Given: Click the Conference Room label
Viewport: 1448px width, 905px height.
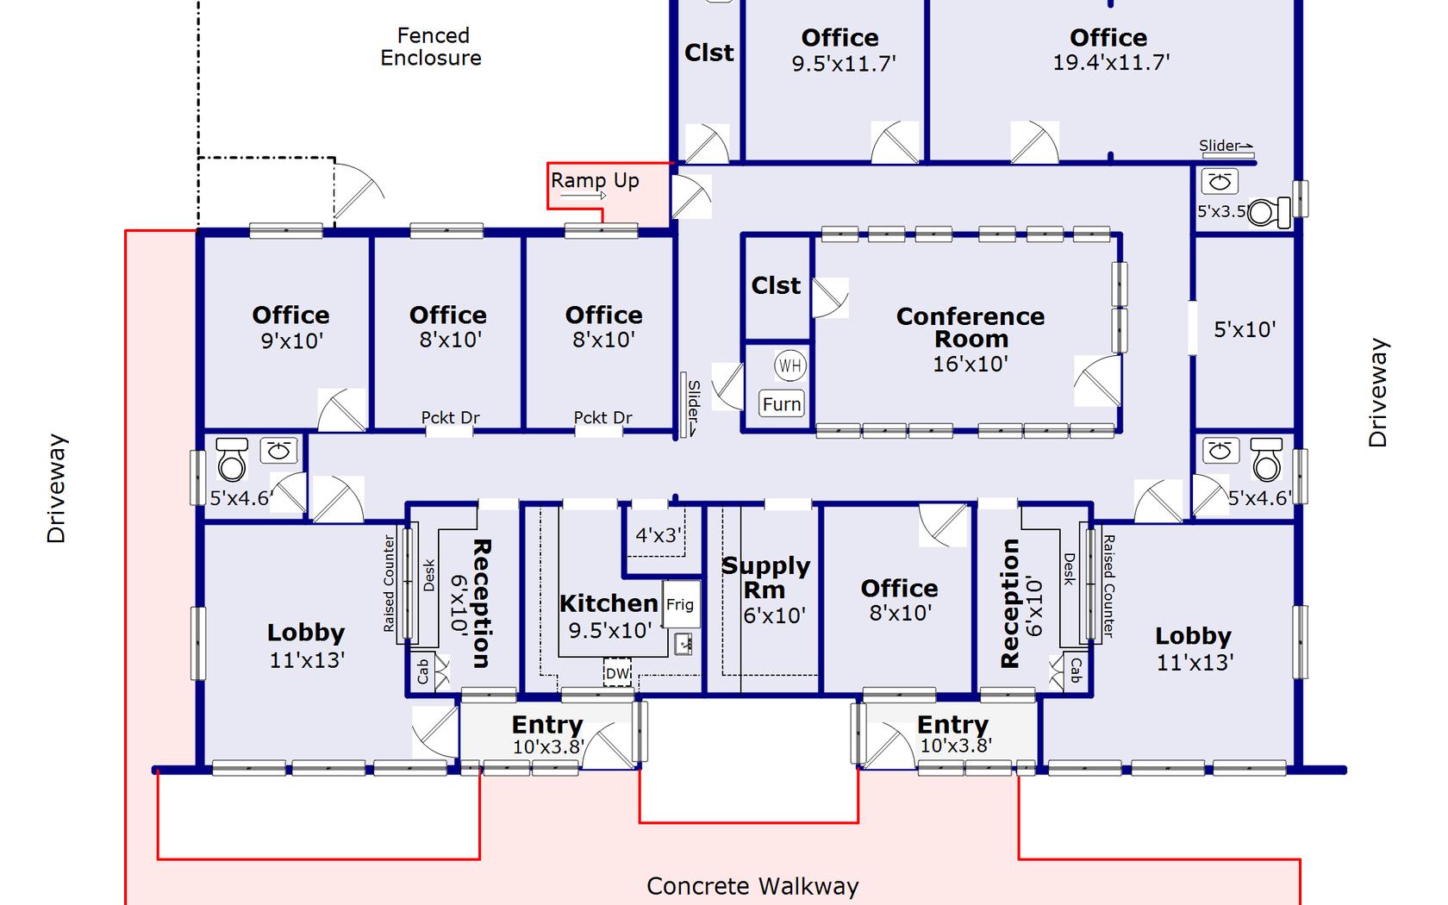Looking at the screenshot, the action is [x=971, y=328].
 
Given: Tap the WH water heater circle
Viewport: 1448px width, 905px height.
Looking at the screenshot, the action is [x=790, y=365].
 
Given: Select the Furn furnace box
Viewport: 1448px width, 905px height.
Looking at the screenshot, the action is [x=782, y=403].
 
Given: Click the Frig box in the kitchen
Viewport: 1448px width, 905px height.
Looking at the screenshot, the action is [x=679, y=604].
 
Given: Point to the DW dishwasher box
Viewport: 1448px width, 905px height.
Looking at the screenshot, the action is [x=617, y=673].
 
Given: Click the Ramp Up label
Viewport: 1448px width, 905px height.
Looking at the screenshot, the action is [x=595, y=180].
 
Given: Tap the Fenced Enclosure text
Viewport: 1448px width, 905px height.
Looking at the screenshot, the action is [x=432, y=47].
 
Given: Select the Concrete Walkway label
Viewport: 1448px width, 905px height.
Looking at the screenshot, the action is [x=752, y=886].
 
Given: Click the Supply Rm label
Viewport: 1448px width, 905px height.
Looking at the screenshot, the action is [x=765, y=577].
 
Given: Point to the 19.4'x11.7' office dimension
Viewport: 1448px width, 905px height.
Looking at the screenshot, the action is [x=1111, y=62].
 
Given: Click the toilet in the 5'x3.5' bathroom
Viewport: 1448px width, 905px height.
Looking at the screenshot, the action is [x=1268, y=211].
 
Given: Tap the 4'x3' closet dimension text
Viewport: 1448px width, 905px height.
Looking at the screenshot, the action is [x=658, y=535].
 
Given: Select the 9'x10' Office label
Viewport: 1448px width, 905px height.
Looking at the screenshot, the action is [x=291, y=315].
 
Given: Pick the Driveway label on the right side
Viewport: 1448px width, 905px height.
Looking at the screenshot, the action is [x=1378, y=392].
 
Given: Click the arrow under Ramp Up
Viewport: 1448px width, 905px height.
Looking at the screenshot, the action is [x=584, y=196].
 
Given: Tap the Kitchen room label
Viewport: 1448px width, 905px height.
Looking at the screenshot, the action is [x=609, y=603].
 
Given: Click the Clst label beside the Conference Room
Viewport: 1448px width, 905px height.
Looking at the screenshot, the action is [x=776, y=285].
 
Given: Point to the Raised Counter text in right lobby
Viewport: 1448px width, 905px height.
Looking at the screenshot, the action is [x=1108, y=586].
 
